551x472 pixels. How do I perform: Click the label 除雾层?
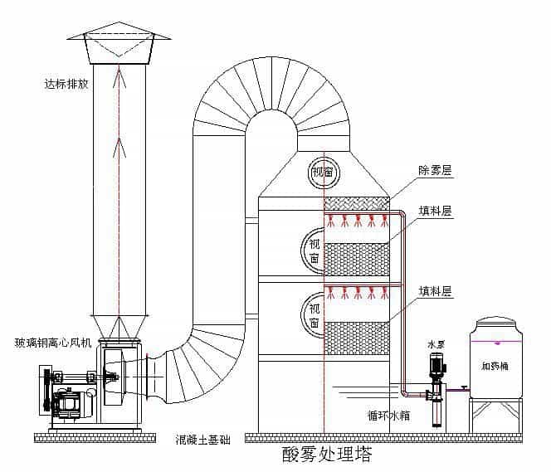pyautogui.click(x=435, y=171)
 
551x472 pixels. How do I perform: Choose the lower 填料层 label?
pyautogui.click(x=435, y=291)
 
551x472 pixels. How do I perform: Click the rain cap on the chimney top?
pyautogui.click(x=118, y=48)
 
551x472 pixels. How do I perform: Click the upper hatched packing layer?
pyautogui.click(x=356, y=258)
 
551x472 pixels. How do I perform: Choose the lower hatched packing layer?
pyautogui.click(x=356, y=336)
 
